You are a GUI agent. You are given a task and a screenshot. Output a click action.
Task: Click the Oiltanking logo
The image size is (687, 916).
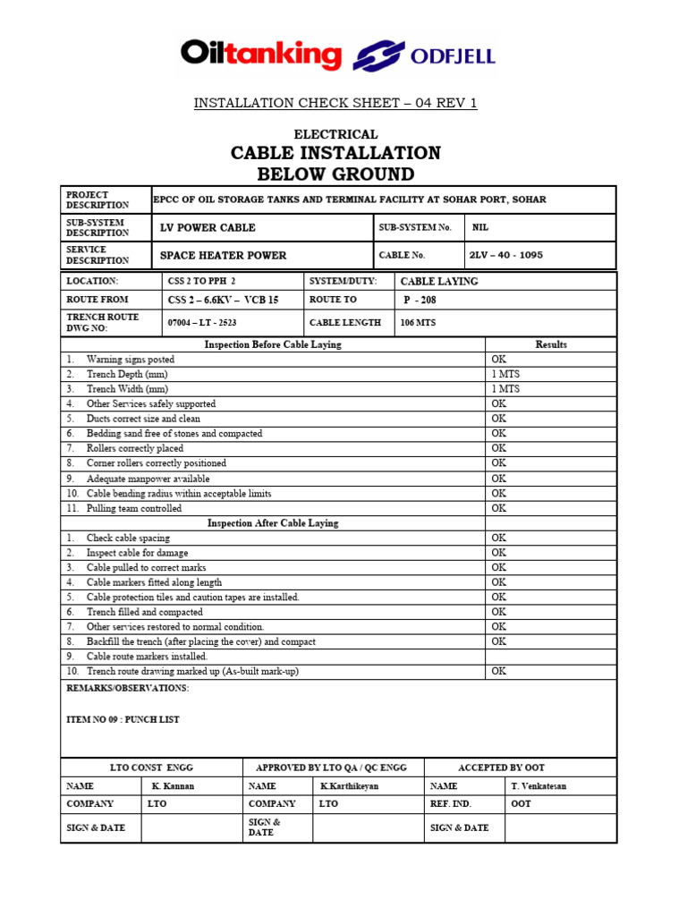260,56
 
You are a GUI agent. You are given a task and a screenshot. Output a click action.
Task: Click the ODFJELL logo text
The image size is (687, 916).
453,58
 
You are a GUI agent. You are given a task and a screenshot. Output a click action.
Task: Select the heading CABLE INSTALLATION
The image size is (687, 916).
335,153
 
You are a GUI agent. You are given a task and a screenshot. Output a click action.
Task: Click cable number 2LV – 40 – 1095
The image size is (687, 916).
506,255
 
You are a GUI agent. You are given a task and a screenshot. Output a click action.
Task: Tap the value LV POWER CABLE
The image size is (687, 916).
208,227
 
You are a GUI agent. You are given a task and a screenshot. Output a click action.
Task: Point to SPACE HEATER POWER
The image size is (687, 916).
223,255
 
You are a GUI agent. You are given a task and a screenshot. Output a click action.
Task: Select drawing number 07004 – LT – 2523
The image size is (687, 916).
202,322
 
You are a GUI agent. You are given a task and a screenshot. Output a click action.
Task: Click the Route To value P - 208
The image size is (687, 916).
420,300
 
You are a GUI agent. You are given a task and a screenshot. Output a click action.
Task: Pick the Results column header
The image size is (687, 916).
551,344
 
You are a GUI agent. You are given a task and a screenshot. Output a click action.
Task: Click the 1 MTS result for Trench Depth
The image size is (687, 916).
505,374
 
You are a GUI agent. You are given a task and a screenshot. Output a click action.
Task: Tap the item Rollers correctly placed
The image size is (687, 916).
135,448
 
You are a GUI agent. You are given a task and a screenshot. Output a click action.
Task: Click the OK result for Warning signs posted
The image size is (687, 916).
499,359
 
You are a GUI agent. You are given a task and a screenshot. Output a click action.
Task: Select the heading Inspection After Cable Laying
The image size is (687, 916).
273,523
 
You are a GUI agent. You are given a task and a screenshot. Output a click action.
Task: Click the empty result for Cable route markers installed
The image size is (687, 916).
550,657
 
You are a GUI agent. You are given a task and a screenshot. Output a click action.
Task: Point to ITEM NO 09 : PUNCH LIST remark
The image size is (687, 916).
123,719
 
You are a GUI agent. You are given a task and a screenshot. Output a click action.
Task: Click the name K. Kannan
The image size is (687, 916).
173,786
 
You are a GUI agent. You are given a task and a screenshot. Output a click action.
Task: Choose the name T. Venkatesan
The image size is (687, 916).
539,786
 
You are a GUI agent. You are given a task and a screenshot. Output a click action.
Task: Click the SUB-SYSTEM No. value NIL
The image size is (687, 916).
480,227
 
